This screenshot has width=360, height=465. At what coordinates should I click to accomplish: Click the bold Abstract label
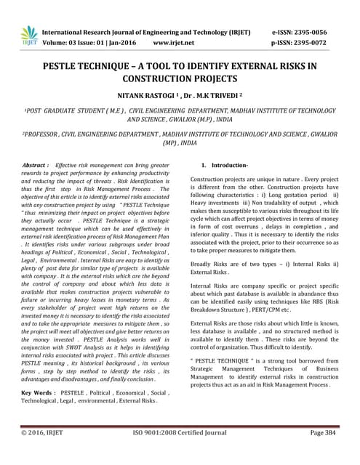point(36,166)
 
